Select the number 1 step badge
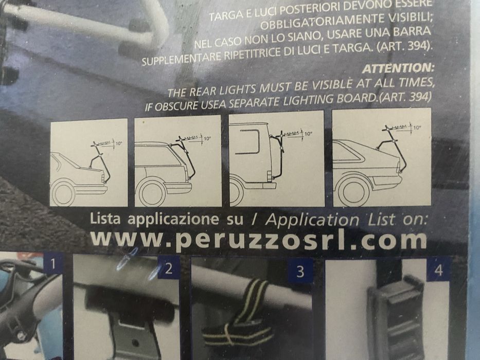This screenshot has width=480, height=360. pyautogui.click(x=53, y=264)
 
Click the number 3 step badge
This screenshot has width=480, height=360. pyautogui.click(x=300, y=271)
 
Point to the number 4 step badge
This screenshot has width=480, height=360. pyautogui.click(x=438, y=270)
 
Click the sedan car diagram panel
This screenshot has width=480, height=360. pyautogui.click(x=88, y=163)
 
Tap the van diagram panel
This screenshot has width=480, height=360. pyautogui.click(x=277, y=159)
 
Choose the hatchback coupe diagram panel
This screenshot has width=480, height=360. pyautogui.click(x=382, y=158)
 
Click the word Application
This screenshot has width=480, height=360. pyautogui.click(x=312, y=221)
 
